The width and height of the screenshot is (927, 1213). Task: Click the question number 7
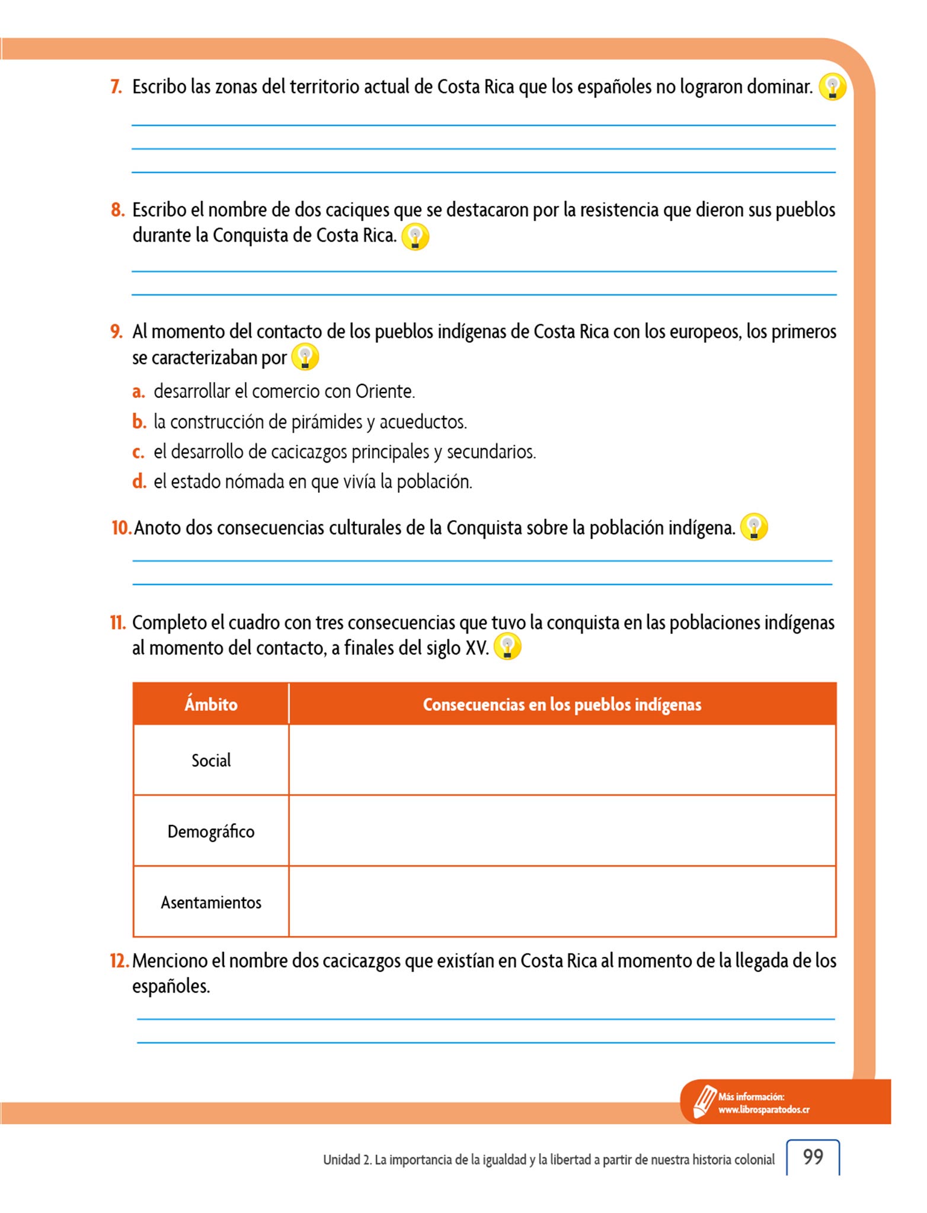point(116,87)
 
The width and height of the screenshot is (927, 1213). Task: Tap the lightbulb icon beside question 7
point(832,87)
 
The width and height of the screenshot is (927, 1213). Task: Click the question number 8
point(117,210)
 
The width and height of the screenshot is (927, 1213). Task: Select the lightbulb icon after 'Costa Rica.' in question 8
point(415,237)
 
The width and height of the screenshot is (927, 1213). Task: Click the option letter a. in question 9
point(138,392)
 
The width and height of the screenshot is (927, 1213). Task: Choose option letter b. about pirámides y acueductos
point(139,422)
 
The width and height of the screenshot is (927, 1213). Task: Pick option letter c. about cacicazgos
point(138,452)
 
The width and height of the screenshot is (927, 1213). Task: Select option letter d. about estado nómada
point(139,482)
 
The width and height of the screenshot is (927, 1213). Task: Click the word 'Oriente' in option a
point(384,392)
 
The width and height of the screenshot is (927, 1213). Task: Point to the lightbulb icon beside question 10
point(754,527)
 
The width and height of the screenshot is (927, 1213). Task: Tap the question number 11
point(117,622)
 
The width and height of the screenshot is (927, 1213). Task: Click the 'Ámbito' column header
point(211,704)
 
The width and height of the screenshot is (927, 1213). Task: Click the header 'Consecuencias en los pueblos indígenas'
point(562,704)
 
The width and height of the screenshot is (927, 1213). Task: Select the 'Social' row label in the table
point(211,760)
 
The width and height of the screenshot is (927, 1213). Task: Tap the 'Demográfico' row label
point(211,832)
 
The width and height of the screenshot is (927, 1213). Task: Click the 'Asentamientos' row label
point(211,903)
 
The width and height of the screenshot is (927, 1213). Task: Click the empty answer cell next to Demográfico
point(562,831)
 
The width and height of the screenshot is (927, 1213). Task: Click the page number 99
point(813,1157)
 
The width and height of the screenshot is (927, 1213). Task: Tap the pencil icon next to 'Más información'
point(705,1102)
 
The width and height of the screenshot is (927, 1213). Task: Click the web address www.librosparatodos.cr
point(763,1110)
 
